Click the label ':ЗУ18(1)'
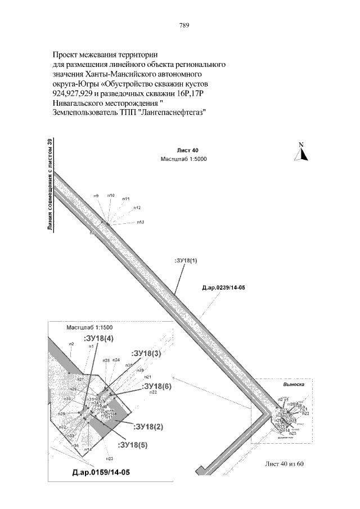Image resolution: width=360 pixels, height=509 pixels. coord(187,261)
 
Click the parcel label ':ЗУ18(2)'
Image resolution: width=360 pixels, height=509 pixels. coord(148,426)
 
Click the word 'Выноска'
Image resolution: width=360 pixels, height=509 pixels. coord(291,385)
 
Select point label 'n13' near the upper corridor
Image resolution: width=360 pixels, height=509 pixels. coord(141,222)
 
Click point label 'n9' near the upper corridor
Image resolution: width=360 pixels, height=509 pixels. coord(96,195)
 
